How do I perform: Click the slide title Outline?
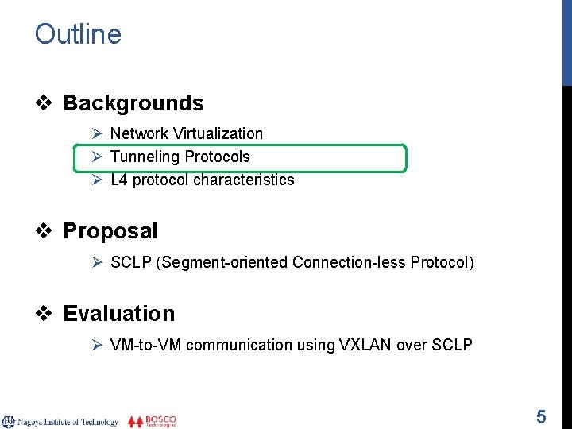tap(78, 34)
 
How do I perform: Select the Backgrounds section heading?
tap(133, 103)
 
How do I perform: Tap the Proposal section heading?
tap(110, 231)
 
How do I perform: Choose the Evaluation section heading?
tap(119, 314)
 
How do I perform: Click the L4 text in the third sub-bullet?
tap(118, 180)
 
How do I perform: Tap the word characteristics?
tap(243, 180)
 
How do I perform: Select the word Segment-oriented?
tap(224, 262)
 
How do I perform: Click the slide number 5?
tap(541, 416)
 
